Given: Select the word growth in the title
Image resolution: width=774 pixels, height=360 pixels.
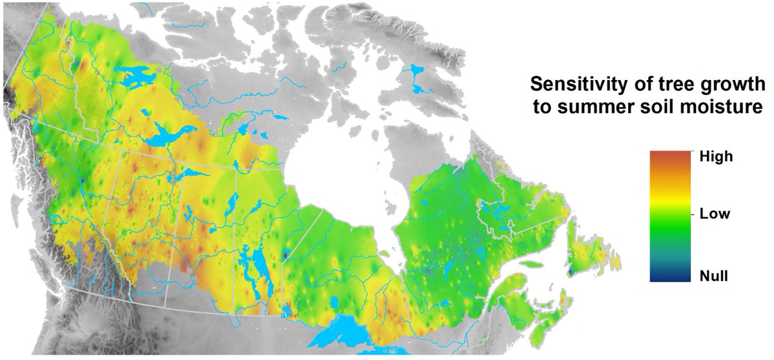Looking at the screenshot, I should pyautogui.click(x=704, y=84).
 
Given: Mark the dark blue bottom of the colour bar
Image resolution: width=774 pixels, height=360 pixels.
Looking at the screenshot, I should pyautogui.click(x=670, y=277).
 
